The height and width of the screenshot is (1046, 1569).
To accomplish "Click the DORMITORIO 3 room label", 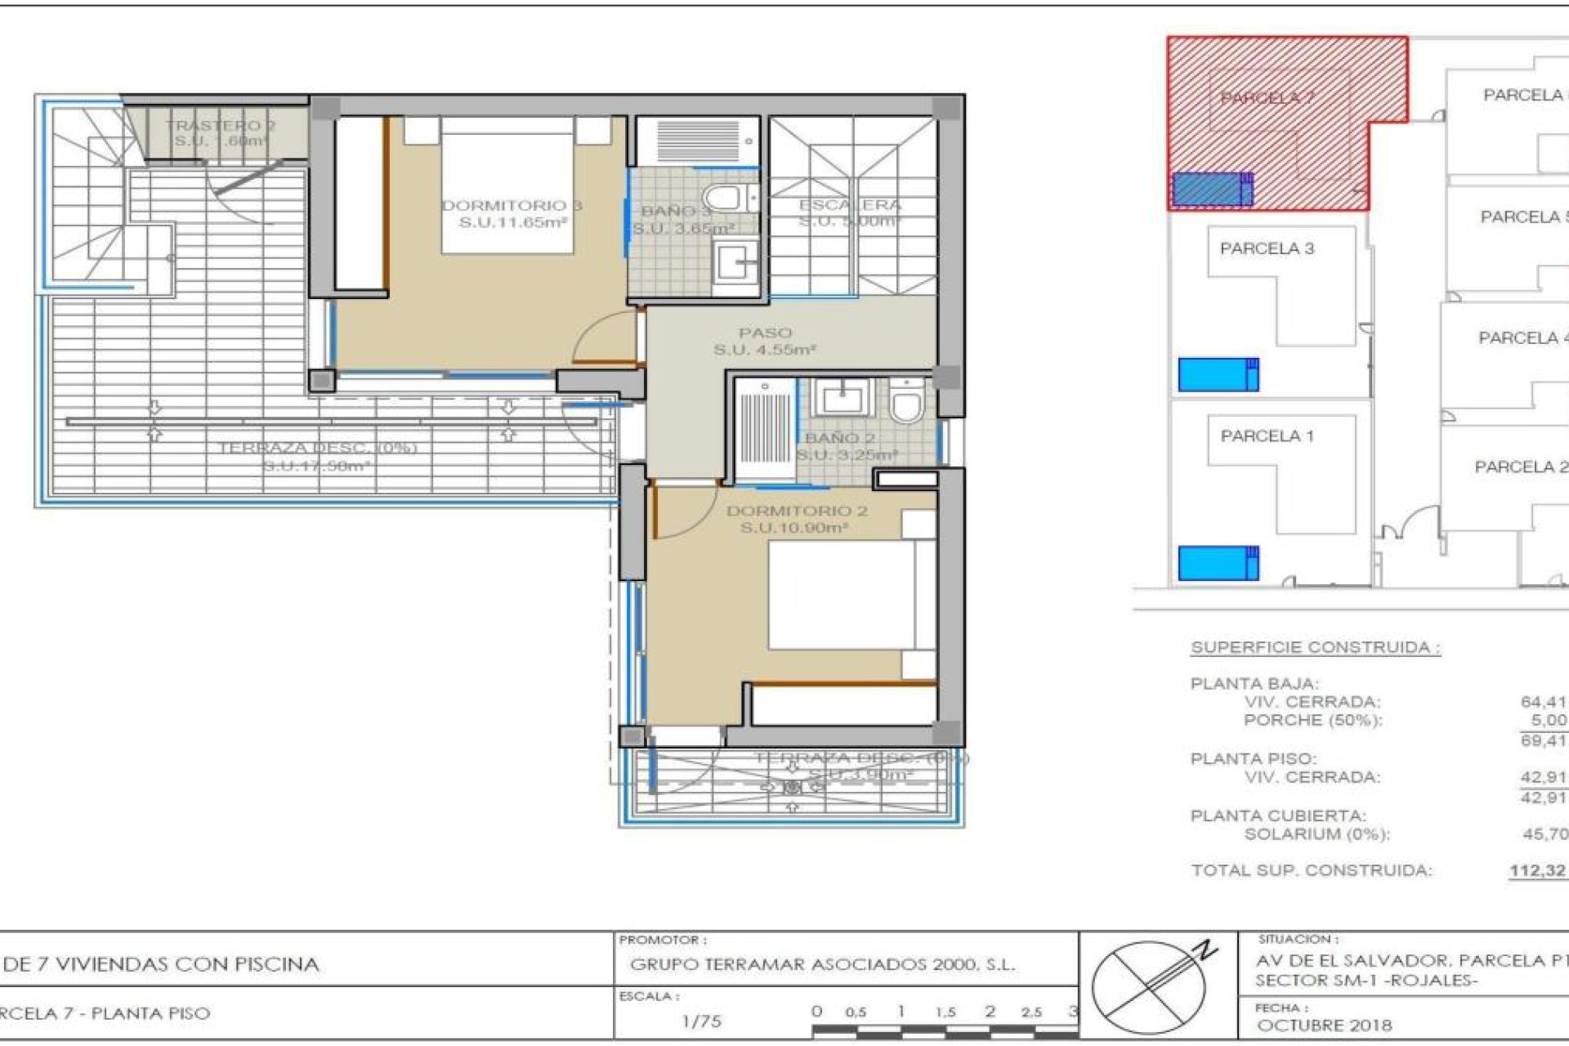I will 512,213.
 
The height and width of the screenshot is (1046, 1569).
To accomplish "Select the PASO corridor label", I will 765,341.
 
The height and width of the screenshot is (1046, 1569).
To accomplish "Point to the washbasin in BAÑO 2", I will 842,400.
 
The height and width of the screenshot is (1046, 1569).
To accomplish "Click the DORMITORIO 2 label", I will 796,519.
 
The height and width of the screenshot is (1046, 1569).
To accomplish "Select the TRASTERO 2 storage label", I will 221,132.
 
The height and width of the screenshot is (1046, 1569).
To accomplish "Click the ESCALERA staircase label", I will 850,212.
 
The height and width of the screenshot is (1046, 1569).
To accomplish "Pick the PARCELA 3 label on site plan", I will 1267,248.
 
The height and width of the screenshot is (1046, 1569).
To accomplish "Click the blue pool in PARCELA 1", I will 1218,563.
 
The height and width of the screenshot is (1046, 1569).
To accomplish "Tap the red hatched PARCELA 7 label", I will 1267,98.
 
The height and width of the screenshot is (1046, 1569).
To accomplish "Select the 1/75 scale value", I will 701,1021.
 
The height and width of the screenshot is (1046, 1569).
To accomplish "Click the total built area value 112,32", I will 1537,871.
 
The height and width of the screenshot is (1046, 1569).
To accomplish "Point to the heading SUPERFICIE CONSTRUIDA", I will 1315,647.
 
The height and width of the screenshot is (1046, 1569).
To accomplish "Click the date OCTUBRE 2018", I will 1324,1025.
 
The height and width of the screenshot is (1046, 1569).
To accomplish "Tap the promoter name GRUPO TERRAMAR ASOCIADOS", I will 822,965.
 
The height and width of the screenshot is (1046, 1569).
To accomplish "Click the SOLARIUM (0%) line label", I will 1316,834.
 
